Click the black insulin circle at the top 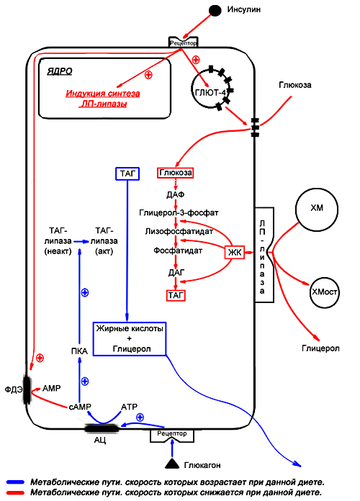[x=215, y=11]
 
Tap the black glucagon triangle [x=171, y=464]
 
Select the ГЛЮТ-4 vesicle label [x=210, y=93]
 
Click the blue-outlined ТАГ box [x=127, y=173]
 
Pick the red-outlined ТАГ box [x=176, y=295]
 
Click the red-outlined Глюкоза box [x=176, y=173]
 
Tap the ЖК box [x=235, y=253]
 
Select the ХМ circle [x=317, y=209]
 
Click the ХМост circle [x=324, y=292]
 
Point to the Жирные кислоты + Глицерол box [x=130, y=339]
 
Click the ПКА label [x=79, y=351]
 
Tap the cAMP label [x=80, y=407]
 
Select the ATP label [x=129, y=407]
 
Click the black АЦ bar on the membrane [x=102, y=428]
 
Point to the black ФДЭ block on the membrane [x=27, y=390]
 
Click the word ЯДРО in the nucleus [x=60, y=71]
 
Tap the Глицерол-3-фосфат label [x=179, y=212]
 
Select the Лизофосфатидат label [x=179, y=231]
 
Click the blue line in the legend [x=15, y=482]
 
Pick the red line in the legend [x=15, y=492]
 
